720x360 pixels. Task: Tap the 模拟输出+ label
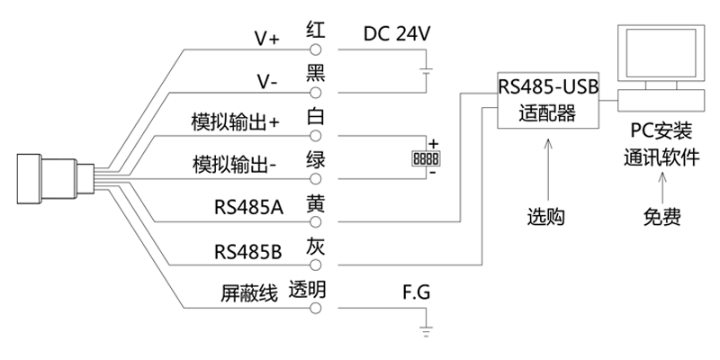tap(237, 122)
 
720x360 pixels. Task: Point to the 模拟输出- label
tap(235, 165)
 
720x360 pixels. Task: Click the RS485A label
tap(248, 208)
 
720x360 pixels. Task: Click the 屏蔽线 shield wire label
tap(244, 293)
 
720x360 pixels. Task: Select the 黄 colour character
tap(315, 202)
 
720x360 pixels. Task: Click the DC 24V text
tap(398, 34)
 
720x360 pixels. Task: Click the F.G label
tap(417, 293)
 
